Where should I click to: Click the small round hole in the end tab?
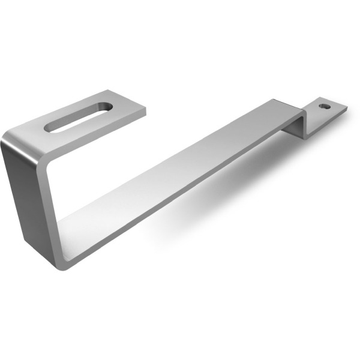(324, 106)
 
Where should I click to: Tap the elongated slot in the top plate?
(78, 116)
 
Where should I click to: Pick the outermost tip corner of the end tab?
(347, 108)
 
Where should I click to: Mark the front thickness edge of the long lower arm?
(180, 207)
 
